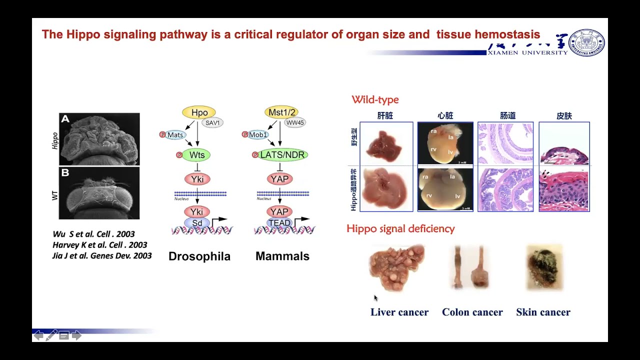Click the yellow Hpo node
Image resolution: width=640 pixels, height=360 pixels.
(199, 113)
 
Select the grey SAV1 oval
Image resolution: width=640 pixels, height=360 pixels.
(212, 123)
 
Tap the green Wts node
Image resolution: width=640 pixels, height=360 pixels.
(197, 155)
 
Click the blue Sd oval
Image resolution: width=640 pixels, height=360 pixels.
(197, 223)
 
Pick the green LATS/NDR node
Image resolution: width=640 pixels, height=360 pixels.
(282, 155)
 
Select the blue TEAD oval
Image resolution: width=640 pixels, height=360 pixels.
(279, 223)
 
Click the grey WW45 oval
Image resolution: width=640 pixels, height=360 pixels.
(295, 123)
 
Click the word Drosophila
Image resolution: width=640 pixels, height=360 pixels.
(199, 256)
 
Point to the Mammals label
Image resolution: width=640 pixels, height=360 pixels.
(282, 256)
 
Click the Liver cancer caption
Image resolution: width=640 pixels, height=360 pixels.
(399, 312)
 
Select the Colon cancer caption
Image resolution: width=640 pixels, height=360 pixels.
(472, 312)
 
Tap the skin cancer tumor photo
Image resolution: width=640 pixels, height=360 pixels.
(544, 267)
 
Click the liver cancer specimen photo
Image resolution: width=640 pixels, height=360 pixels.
(397, 266)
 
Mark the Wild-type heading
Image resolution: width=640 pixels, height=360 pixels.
(375, 100)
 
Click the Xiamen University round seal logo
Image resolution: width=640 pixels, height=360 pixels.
(587, 42)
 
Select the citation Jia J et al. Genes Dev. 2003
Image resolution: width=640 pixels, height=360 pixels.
(102, 256)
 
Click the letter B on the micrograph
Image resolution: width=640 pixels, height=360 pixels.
(65, 173)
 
